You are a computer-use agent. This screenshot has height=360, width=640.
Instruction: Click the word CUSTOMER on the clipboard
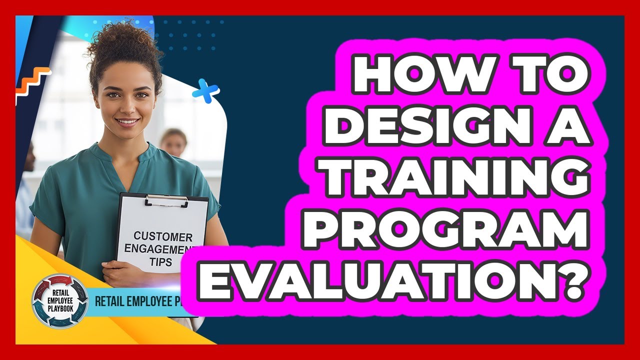point(162,236)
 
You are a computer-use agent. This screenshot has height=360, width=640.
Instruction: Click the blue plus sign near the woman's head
point(205,91)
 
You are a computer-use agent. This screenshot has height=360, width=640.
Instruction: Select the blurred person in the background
point(173,142)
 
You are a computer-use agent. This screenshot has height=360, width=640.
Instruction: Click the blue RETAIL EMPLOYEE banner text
point(135,302)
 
